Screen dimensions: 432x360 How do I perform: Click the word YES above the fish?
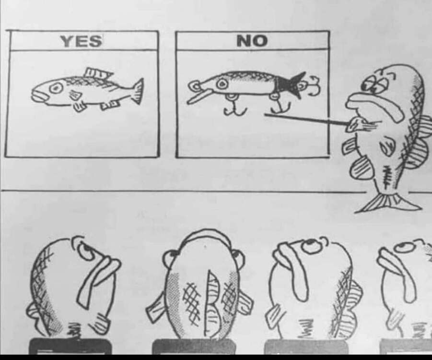click(81, 41)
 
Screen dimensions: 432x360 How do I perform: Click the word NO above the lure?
click(252, 40)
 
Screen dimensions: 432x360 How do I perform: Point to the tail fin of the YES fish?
click(138, 91)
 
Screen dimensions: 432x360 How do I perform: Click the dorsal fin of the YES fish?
click(98, 73)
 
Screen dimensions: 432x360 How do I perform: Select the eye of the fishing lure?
click(222, 84)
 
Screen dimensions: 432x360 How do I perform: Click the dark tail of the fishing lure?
click(291, 84)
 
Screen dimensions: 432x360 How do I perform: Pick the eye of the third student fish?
click(311, 245)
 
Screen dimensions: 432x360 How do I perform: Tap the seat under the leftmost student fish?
click(70, 346)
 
